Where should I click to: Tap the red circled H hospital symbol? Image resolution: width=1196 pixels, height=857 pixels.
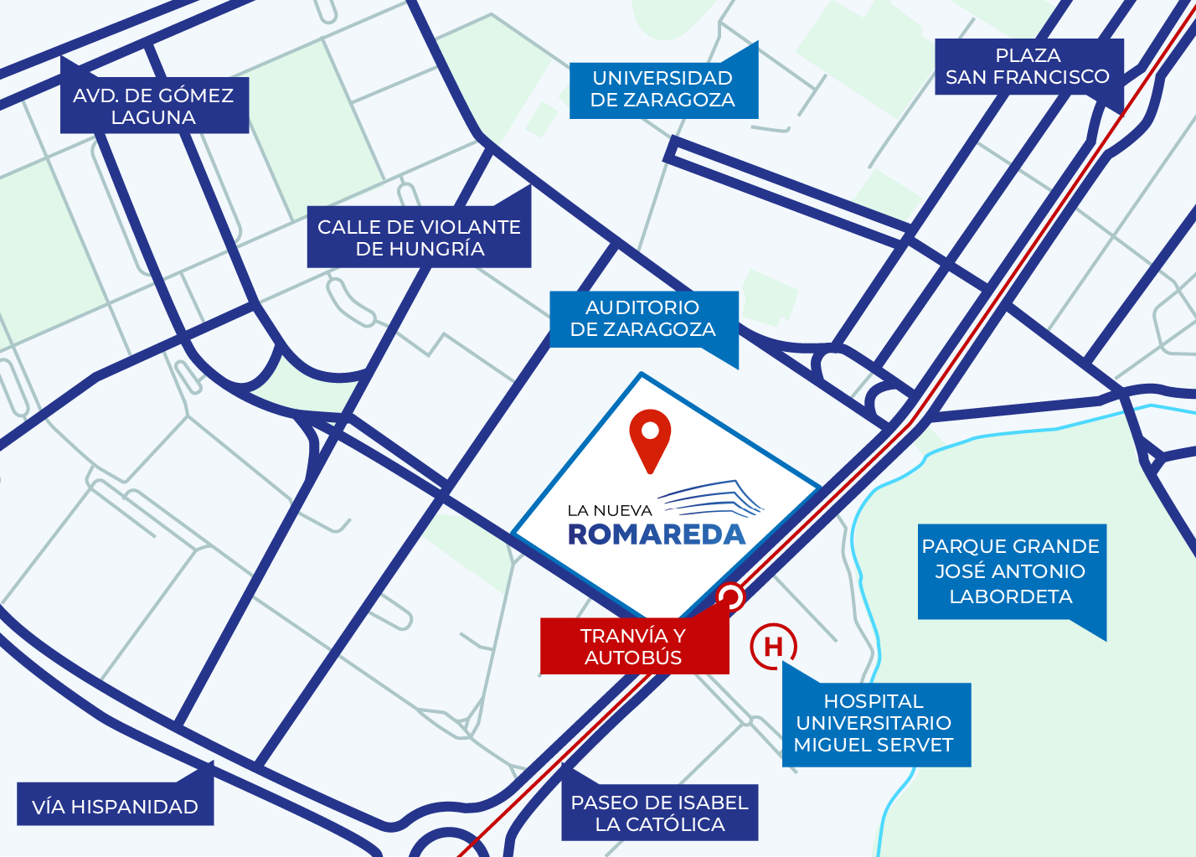[x=773, y=647]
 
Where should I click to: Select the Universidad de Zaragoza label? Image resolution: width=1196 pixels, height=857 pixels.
[x=662, y=89]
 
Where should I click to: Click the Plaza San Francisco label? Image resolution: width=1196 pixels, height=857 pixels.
[x=1027, y=66]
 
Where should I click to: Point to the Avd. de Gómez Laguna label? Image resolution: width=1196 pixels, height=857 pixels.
[x=153, y=106]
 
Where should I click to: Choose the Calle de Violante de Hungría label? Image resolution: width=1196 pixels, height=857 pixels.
[x=419, y=238]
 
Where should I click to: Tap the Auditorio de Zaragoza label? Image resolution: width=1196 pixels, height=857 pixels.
[x=642, y=318]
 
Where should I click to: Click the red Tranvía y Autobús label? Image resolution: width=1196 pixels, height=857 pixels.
[x=633, y=647]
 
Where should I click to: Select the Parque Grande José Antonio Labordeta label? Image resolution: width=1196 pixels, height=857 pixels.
[x=1011, y=571]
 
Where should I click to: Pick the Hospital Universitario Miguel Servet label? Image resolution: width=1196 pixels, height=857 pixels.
[x=874, y=723]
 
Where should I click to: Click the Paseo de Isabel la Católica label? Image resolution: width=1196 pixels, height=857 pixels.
[x=659, y=813]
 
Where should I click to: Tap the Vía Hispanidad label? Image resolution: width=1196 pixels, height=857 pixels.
[x=115, y=807]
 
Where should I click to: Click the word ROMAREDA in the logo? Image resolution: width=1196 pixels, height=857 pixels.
[x=657, y=534]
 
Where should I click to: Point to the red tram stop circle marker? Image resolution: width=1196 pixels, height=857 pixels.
[x=730, y=597]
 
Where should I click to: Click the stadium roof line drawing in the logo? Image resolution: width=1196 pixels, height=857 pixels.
[x=714, y=498]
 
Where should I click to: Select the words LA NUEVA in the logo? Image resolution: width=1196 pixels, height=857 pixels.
[x=609, y=510]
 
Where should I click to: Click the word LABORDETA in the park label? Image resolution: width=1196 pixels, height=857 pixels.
[x=1011, y=596]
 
